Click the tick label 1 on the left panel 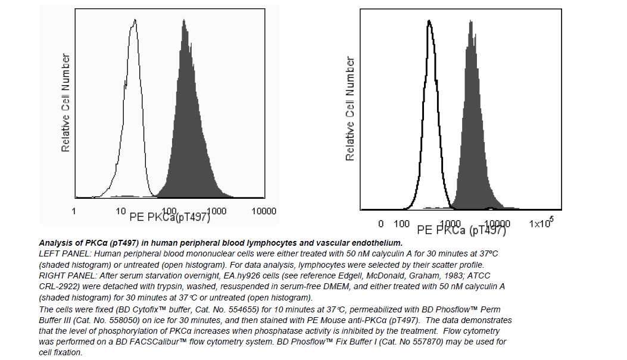[74, 211]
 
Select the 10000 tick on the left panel [264, 211]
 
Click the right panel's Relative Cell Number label [350, 109]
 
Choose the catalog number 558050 [100, 319]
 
